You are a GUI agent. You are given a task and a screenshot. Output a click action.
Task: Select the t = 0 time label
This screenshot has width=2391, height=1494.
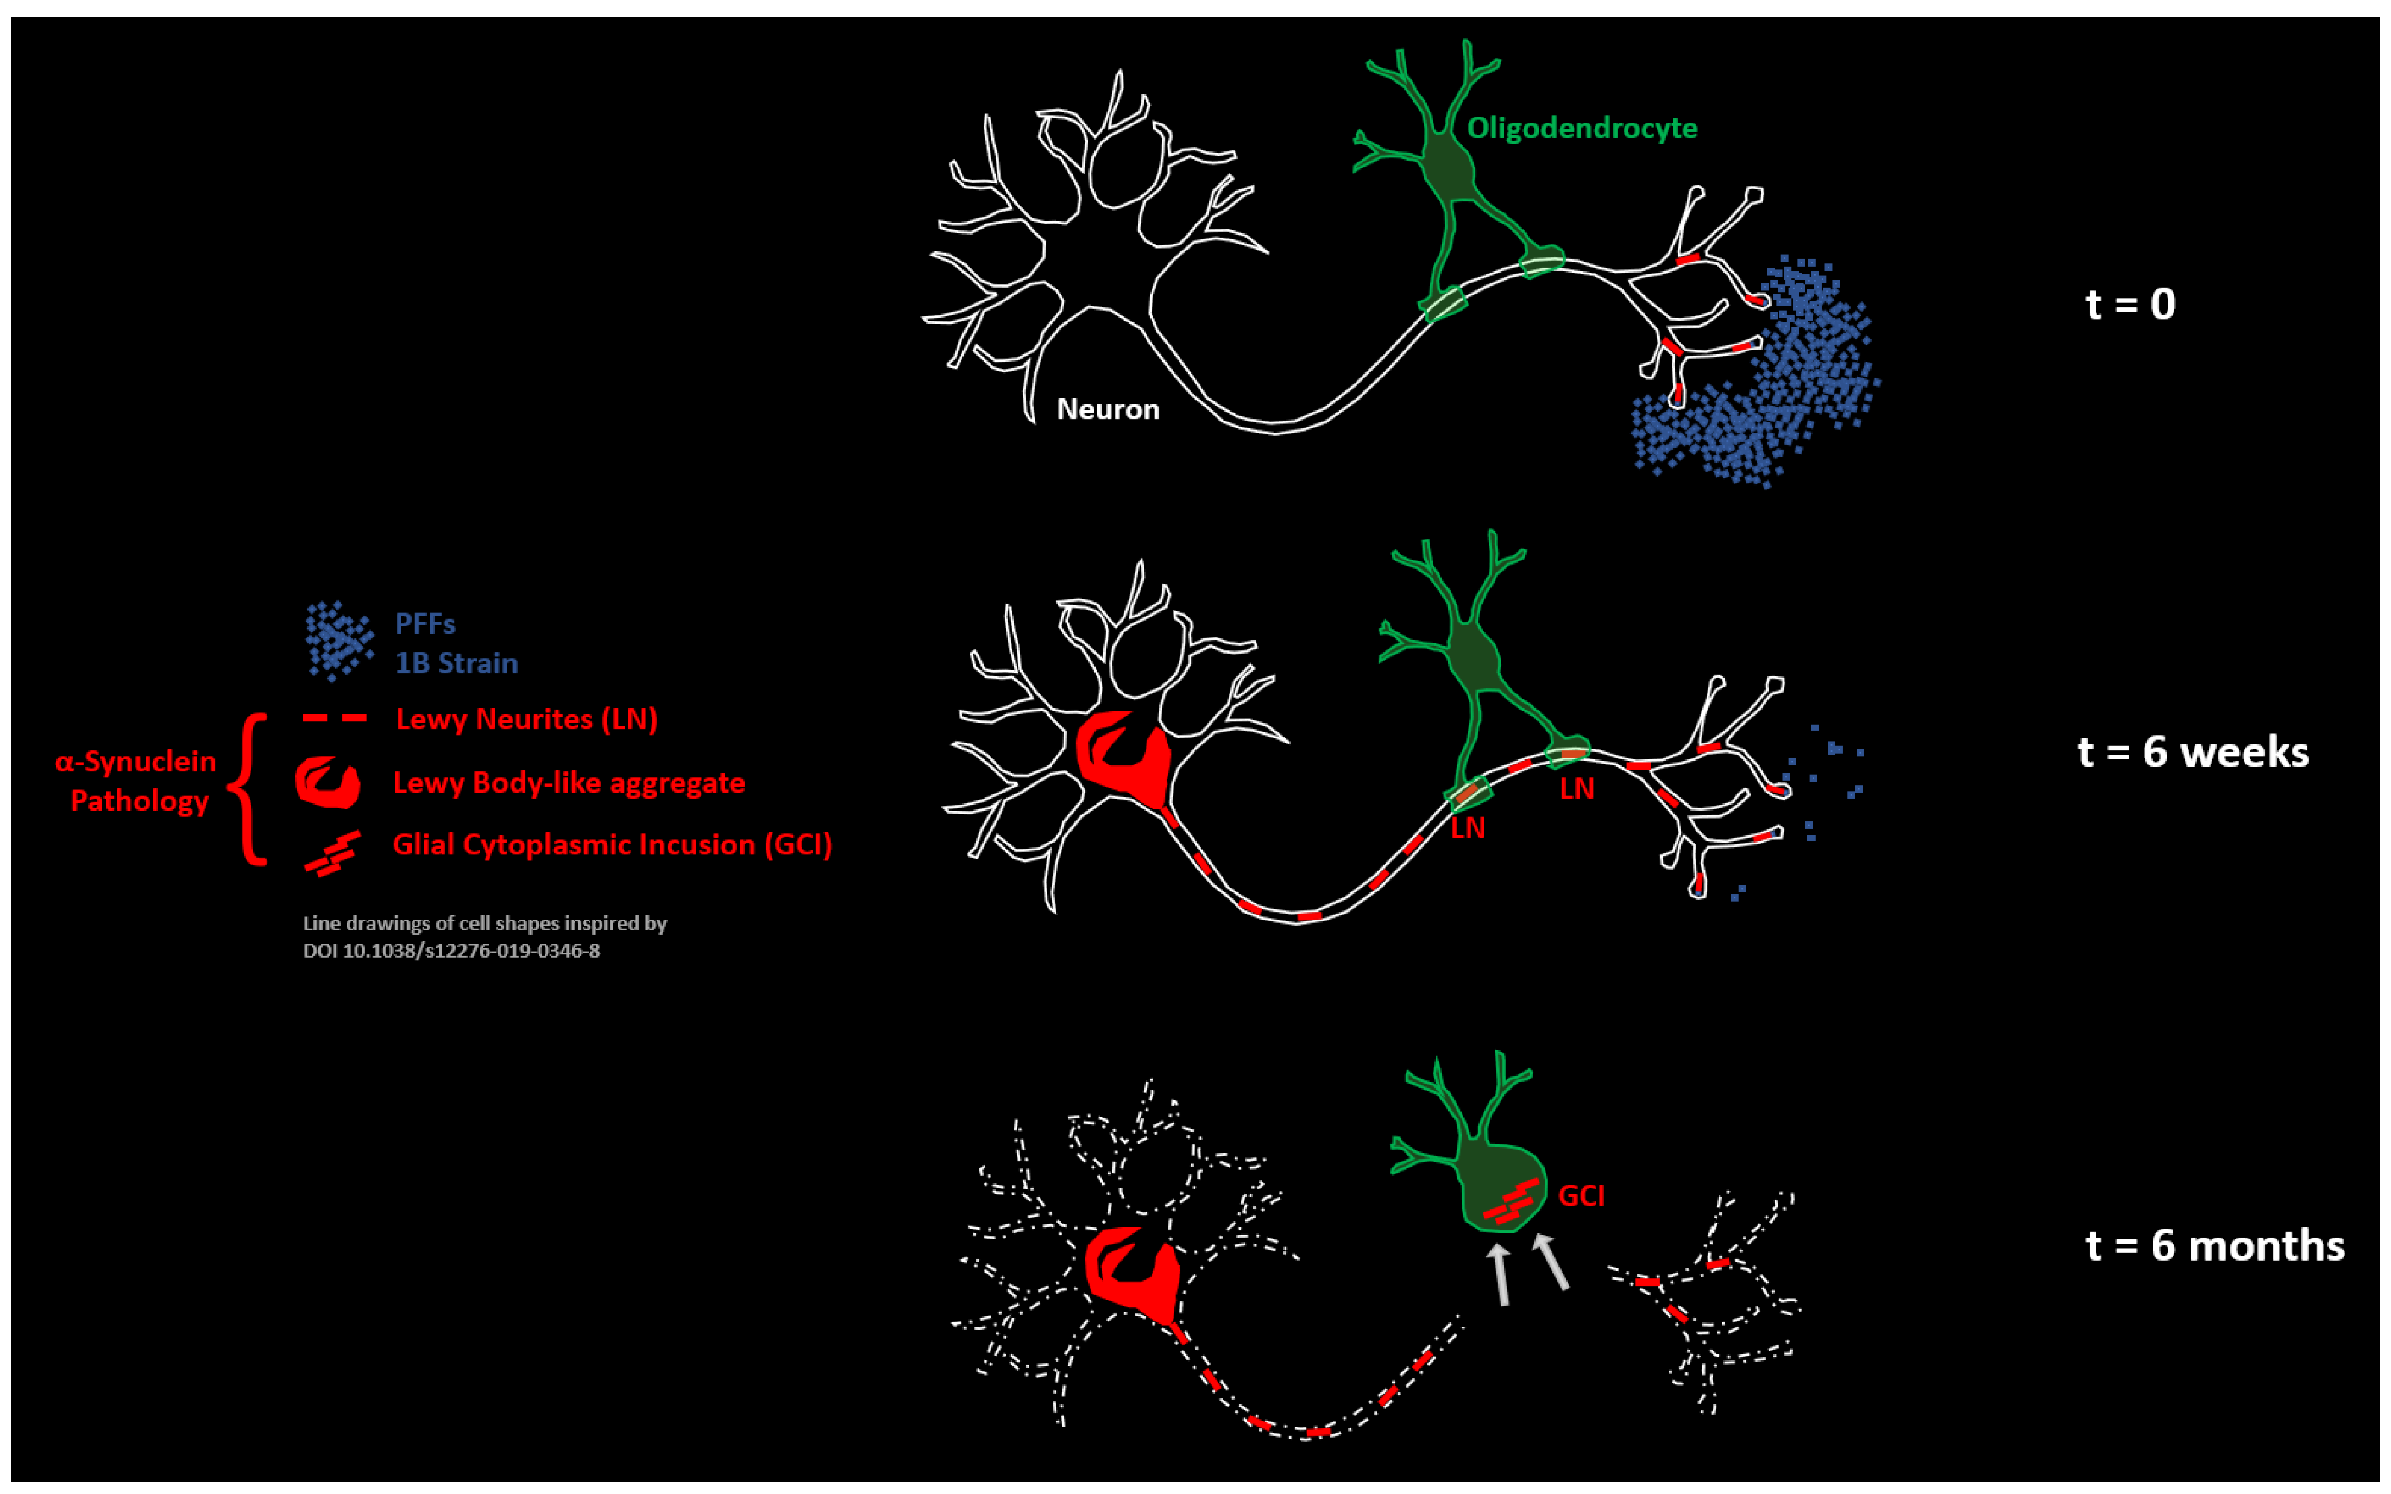2130,303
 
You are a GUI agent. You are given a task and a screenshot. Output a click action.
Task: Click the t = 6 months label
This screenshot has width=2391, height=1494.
2214,1245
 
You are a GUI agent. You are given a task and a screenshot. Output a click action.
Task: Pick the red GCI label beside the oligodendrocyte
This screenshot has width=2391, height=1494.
1581,1195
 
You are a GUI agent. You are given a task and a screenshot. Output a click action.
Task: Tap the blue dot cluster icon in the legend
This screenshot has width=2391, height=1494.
338,640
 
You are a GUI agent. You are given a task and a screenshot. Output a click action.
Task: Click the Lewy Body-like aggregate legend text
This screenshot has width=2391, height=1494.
568,783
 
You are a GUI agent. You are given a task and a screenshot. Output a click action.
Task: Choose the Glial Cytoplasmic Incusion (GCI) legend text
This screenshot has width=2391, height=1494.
612,845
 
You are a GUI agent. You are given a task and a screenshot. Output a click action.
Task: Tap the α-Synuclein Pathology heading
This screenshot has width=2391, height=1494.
136,781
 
